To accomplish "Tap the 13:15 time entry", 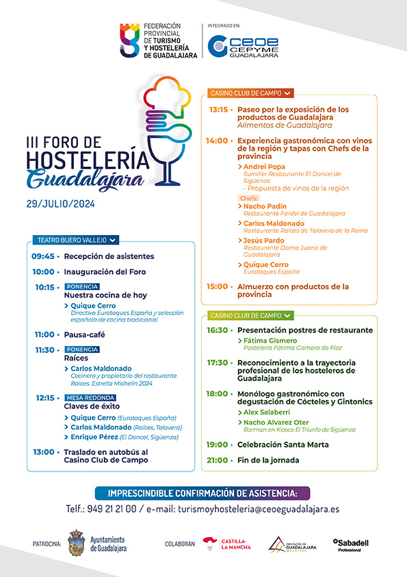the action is (218, 110).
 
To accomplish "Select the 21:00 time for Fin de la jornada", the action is (218, 460).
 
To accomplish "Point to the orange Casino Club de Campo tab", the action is (247, 93).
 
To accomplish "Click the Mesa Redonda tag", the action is (90, 397).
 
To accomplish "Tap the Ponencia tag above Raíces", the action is (82, 349).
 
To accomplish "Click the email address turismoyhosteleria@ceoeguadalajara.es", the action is (259, 509).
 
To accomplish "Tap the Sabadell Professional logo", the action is (351, 545).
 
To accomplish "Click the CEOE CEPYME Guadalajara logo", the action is (242, 45).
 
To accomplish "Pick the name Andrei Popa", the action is (264, 167).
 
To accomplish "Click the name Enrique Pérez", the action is (94, 437).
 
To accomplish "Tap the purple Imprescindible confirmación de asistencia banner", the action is (203, 493).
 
